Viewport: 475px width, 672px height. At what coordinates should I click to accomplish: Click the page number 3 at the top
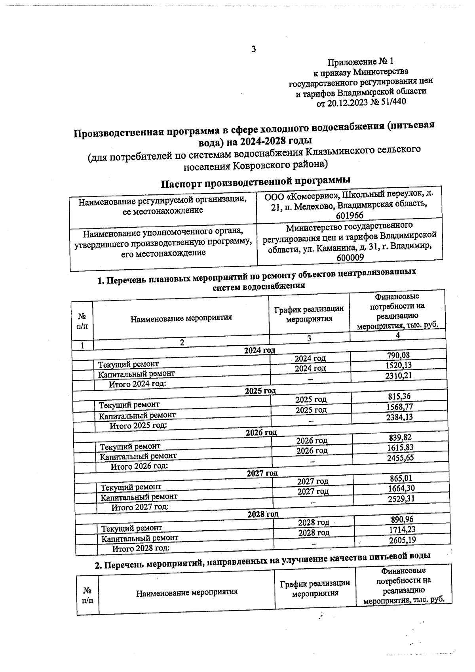[x=254, y=49]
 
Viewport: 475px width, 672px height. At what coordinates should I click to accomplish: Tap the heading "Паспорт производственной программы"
[x=255, y=182]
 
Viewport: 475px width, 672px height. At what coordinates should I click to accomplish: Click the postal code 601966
[x=350, y=215]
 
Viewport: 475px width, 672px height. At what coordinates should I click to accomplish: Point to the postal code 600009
[x=350, y=257]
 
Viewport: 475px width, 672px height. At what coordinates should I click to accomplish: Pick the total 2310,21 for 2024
[x=399, y=375]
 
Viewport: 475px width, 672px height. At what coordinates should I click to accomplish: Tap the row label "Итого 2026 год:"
[x=139, y=466]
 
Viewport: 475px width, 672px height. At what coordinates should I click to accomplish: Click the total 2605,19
[x=403, y=539]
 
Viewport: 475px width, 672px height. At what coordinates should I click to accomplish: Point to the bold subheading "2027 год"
[x=262, y=473]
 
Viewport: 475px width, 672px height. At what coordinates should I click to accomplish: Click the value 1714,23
[x=402, y=529]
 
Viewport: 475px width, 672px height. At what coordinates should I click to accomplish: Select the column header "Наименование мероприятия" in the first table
[x=181, y=318]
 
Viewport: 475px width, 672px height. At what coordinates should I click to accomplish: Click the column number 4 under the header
[x=398, y=335]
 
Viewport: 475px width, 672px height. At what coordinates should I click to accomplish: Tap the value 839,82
[x=400, y=437]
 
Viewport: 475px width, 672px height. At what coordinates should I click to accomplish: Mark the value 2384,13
[x=399, y=417]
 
